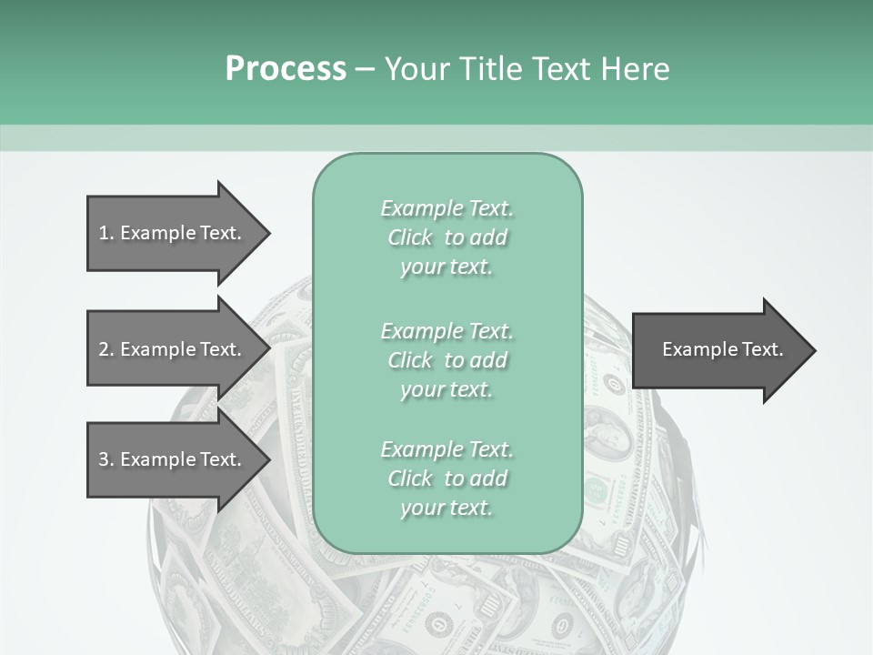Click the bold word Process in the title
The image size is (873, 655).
pyautogui.click(x=286, y=69)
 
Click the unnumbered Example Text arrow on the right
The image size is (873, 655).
pyautogui.click(x=722, y=349)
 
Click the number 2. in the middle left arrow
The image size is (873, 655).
pyautogui.click(x=106, y=349)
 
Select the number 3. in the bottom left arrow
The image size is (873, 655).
pyautogui.click(x=106, y=459)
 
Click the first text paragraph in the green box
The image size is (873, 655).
pyautogui.click(x=447, y=237)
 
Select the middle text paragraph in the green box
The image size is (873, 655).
pyautogui.click(x=447, y=360)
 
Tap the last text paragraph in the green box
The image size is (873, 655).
pyautogui.click(x=447, y=479)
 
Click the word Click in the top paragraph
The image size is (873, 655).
pyautogui.click(x=410, y=237)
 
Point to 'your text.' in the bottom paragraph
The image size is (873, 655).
pyautogui.click(x=447, y=508)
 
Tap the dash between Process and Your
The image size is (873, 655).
pyautogui.click(x=365, y=69)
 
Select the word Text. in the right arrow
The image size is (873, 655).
pyautogui.click(x=762, y=349)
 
